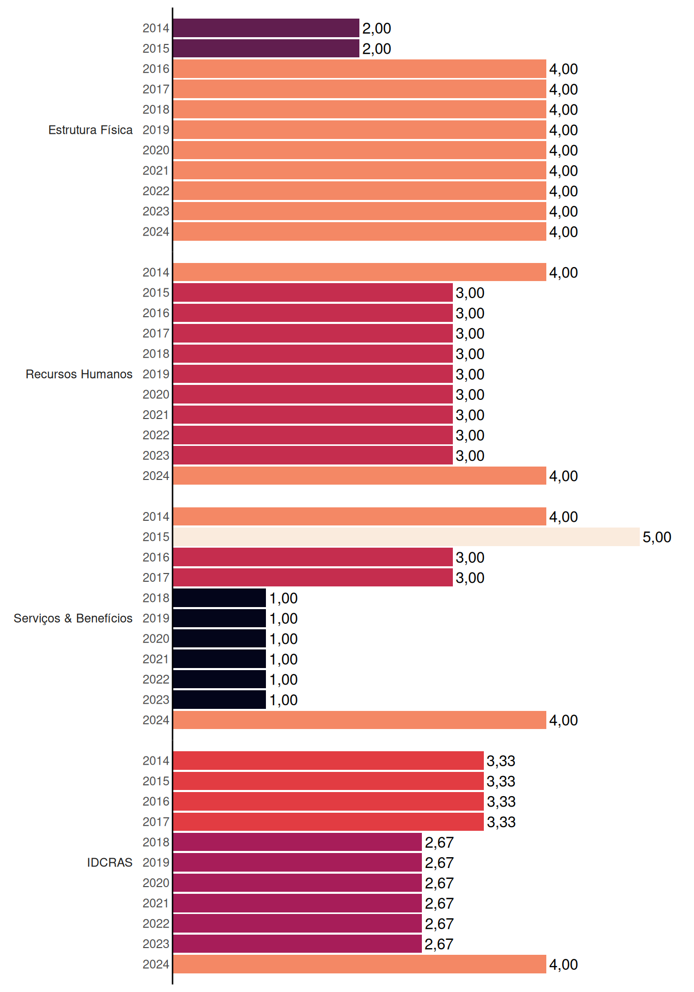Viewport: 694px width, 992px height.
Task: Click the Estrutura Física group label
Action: click(90, 130)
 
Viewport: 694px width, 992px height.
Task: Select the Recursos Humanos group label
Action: click(79, 374)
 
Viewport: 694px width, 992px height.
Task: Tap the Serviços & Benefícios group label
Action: click(73, 618)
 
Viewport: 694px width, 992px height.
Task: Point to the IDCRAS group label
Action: click(109, 862)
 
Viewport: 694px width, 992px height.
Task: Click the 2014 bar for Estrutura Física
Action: click(266, 28)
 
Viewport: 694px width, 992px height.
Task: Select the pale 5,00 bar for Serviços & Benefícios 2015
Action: click(406, 537)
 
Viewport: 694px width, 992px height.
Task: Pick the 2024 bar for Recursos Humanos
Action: click(359, 476)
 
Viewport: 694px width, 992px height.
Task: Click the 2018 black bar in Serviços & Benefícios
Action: click(219, 598)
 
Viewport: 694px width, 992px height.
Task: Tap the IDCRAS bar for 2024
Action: click(359, 964)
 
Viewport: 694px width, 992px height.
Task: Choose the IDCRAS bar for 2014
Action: click(328, 761)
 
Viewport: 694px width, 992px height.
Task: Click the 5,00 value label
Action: click(657, 537)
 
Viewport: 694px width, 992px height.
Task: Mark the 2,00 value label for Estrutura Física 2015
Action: click(376, 49)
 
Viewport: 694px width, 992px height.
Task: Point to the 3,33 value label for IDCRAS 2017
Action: click(501, 822)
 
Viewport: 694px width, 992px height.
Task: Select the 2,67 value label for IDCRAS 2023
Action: click(439, 944)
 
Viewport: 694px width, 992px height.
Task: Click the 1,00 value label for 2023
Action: click(283, 700)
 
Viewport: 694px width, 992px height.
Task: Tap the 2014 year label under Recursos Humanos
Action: click(156, 272)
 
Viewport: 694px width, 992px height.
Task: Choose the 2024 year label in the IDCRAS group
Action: click(156, 964)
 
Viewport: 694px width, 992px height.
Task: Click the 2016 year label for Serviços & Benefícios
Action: click(156, 557)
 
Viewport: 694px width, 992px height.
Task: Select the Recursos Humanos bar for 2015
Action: click(313, 292)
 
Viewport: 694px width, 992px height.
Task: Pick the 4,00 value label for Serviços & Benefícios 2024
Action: click(563, 720)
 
